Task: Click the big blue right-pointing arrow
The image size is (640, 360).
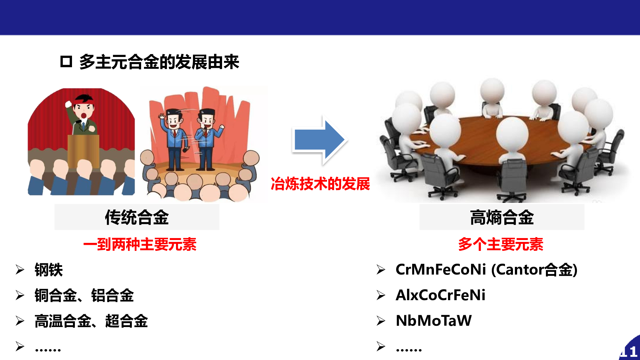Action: coord(319,140)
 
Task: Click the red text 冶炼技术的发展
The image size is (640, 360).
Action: coord(320,184)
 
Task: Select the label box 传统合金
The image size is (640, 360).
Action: coord(137,217)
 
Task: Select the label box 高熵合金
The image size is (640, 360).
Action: coord(502,217)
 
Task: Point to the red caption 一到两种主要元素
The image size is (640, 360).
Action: coord(140,244)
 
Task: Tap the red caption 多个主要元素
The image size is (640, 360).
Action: coord(501,244)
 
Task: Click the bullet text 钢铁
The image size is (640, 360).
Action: coord(49,270)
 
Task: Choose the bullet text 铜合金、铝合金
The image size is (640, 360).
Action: coord(84,295)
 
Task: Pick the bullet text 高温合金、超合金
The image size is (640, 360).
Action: coord(91,321)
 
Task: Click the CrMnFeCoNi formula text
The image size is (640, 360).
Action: coord(441,269)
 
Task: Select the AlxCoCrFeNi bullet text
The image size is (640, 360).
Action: coord(441,295)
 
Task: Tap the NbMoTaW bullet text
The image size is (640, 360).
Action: coord(434,321)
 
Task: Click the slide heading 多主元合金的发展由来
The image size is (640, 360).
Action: coord(159,62)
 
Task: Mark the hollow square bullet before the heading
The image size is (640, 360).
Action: coord(66,61)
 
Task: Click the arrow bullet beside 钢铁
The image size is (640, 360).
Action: coord(20,270)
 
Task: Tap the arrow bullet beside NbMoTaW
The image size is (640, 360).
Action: coord(381,321)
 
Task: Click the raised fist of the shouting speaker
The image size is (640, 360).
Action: coord(68,104)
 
